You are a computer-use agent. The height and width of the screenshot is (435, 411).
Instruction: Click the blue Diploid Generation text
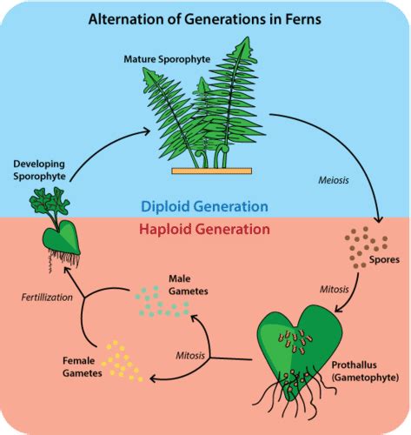206,207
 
